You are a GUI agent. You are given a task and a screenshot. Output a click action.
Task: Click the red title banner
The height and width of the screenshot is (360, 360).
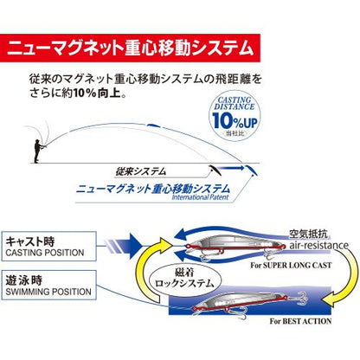pos(130,48)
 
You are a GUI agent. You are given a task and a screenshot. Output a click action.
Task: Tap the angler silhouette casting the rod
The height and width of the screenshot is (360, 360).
pos(38,151)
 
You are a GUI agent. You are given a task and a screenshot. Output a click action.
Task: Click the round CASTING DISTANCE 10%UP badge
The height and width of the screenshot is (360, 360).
pos(235,117)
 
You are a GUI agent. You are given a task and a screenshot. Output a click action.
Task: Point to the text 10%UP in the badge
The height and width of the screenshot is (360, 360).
pos(235,120)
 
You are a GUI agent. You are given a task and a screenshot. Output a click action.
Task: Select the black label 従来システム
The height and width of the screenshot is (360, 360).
pos(141,171)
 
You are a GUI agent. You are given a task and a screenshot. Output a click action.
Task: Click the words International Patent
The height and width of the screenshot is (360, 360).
pos(200,197)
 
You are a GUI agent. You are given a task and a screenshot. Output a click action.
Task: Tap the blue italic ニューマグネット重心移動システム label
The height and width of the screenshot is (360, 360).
pos(153,189)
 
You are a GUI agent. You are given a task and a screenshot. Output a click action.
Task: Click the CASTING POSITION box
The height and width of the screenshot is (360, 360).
pos(48,247)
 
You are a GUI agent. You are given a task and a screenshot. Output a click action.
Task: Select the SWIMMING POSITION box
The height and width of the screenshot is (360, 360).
pos(48,285)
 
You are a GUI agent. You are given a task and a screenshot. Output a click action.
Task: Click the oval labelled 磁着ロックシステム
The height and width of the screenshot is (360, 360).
pos(184,279)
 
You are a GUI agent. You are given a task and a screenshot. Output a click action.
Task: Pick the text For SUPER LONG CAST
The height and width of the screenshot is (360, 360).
pos(291,266)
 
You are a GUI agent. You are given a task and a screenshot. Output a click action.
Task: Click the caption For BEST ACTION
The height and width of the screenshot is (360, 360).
pos(300,321)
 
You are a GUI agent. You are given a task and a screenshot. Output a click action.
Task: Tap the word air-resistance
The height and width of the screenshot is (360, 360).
pos(318,246)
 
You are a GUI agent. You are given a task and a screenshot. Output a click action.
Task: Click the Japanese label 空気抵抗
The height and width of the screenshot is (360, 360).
pos(308,235)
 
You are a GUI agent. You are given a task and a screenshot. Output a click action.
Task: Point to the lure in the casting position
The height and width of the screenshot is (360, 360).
pos(234,246)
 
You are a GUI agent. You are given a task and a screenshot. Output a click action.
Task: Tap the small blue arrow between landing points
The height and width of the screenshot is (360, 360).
pos(230,167)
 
